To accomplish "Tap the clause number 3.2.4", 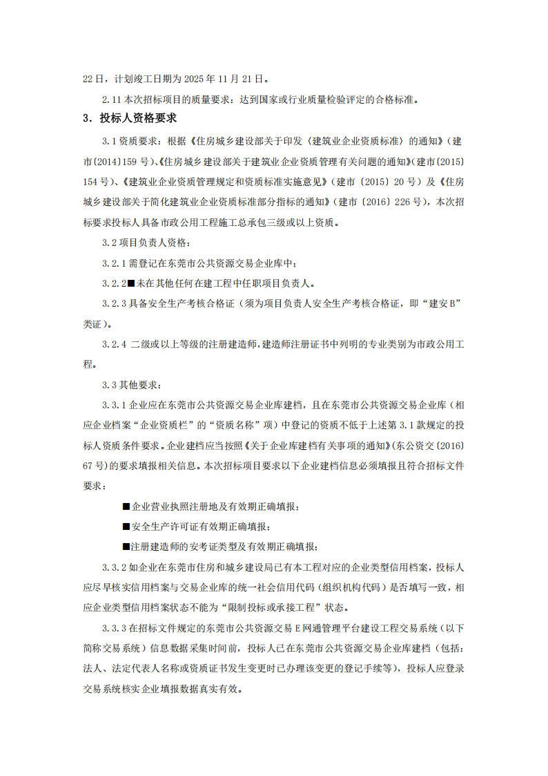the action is point(114,344).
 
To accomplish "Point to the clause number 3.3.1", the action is point(114,404).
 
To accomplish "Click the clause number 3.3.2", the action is point(114,568).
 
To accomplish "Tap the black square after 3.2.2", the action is point(132,284).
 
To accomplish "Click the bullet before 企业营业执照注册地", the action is point(126,507).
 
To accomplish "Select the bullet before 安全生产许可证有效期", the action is point(126,527).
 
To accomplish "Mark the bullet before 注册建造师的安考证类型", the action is point(126,547).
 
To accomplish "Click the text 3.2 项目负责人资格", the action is point(145,243).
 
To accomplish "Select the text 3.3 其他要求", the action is point(131,384).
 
